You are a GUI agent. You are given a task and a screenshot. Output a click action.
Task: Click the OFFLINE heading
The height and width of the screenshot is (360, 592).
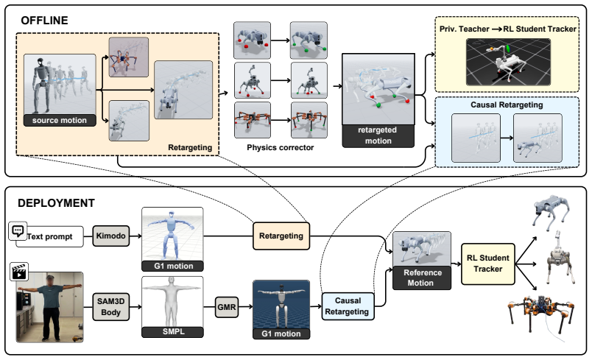pos(45,21)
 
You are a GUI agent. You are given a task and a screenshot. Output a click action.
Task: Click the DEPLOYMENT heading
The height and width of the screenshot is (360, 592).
pos(56,203)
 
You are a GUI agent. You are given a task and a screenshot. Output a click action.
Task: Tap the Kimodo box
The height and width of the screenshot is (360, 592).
pos(111,236)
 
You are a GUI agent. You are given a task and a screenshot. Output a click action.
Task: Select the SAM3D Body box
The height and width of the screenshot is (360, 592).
pos(111,307)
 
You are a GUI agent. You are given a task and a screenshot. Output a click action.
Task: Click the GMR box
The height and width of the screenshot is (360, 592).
pos(227,307)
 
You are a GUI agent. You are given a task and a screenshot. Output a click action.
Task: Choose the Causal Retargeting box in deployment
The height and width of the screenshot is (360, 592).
pos(348,306)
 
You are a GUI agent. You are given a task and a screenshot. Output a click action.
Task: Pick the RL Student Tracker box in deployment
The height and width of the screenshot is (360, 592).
pos(487,264)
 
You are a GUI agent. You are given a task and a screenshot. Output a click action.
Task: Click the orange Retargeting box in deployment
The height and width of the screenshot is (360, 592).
pos(281,236)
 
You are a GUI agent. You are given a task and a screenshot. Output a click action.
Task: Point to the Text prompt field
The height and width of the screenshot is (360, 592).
pos(50,236)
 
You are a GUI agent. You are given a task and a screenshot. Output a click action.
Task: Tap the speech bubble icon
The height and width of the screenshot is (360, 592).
pos(18,230)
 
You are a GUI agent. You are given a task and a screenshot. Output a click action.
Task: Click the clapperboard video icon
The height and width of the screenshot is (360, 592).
pos(19,272)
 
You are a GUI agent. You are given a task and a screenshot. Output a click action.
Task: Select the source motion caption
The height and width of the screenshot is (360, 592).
pos(60,121)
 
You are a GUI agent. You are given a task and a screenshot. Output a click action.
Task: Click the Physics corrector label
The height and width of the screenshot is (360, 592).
pos(280,147)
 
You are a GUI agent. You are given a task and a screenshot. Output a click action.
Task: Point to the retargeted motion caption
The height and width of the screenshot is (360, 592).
pos(378,135)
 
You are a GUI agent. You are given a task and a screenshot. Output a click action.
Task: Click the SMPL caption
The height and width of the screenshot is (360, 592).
pos(173,332)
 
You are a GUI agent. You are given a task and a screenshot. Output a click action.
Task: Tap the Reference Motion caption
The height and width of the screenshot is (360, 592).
pos(422,278)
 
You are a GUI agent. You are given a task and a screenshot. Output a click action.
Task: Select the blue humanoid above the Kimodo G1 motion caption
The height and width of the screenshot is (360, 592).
pos(172,233)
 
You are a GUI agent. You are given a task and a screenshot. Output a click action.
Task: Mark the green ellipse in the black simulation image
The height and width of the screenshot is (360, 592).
pos(508,49)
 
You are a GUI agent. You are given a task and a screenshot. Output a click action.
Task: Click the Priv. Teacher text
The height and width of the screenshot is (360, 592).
pos(464,29)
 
